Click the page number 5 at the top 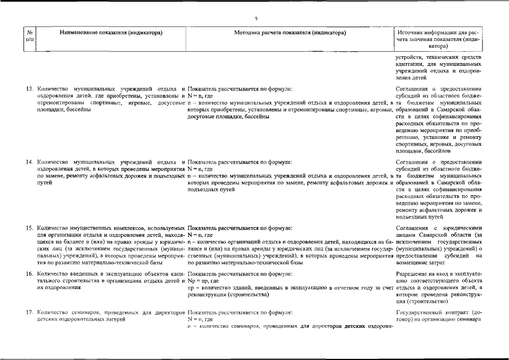(x=256, y=19)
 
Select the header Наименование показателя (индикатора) (x=111, y=33)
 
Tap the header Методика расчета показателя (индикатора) (x=289, y=33)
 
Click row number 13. (x=30, y=89)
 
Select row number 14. (x=30, y=163)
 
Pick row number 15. (x=30, y=228)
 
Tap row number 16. (x=30, y=273)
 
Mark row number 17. (x=30, y=312)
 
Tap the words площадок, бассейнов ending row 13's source (x=426, y=151)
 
